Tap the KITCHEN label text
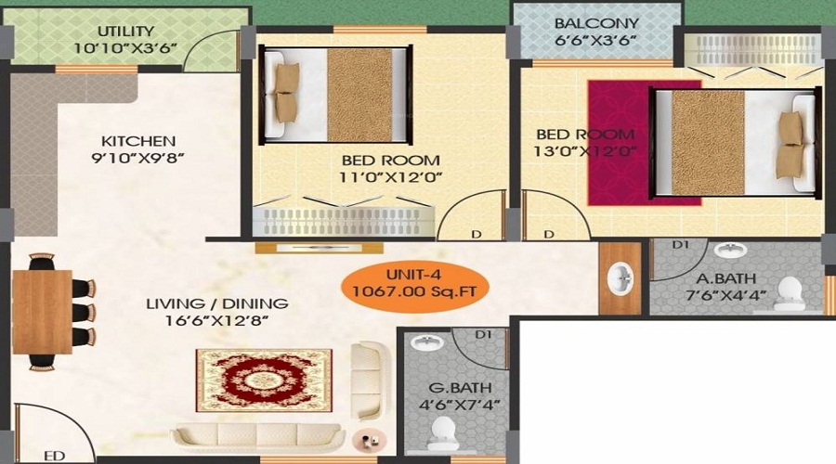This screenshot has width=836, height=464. point(138,141)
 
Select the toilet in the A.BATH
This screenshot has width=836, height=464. point(790,291)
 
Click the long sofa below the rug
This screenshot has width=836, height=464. point(259,435)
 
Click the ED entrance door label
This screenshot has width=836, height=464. point(55,456)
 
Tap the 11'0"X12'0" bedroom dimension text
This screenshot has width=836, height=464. point(389,175)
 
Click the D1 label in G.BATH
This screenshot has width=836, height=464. point(482,334)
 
